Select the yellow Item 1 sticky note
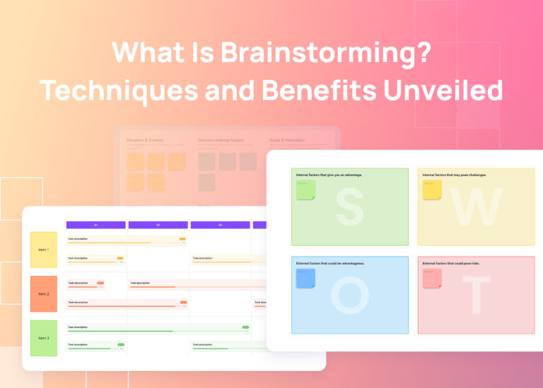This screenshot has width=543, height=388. pyautogui.click(x=43, y=249)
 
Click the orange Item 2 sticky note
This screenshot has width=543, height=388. pyautogui.click(x=43, y=293)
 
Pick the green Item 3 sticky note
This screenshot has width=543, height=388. pyautogui.click(x=43, y=338)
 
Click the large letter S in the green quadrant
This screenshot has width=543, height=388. pyautogui.click(x=349, y=206)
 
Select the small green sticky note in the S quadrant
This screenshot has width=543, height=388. pyautogui.click(x=305, y=189)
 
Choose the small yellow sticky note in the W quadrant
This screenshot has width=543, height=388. pyautogui.click(x=432, y=189)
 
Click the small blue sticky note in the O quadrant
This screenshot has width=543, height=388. pyautogui.click(x=305, y=278)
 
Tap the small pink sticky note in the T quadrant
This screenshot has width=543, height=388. pyautogui.click(x=432, y=278)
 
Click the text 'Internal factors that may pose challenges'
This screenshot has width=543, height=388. pyautogui.click(x=454, y=175)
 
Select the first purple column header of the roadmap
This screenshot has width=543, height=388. pyautogui.click(x=95, y=225)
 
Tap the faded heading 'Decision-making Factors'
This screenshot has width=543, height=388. pyautogui.click(x=221, y=140)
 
